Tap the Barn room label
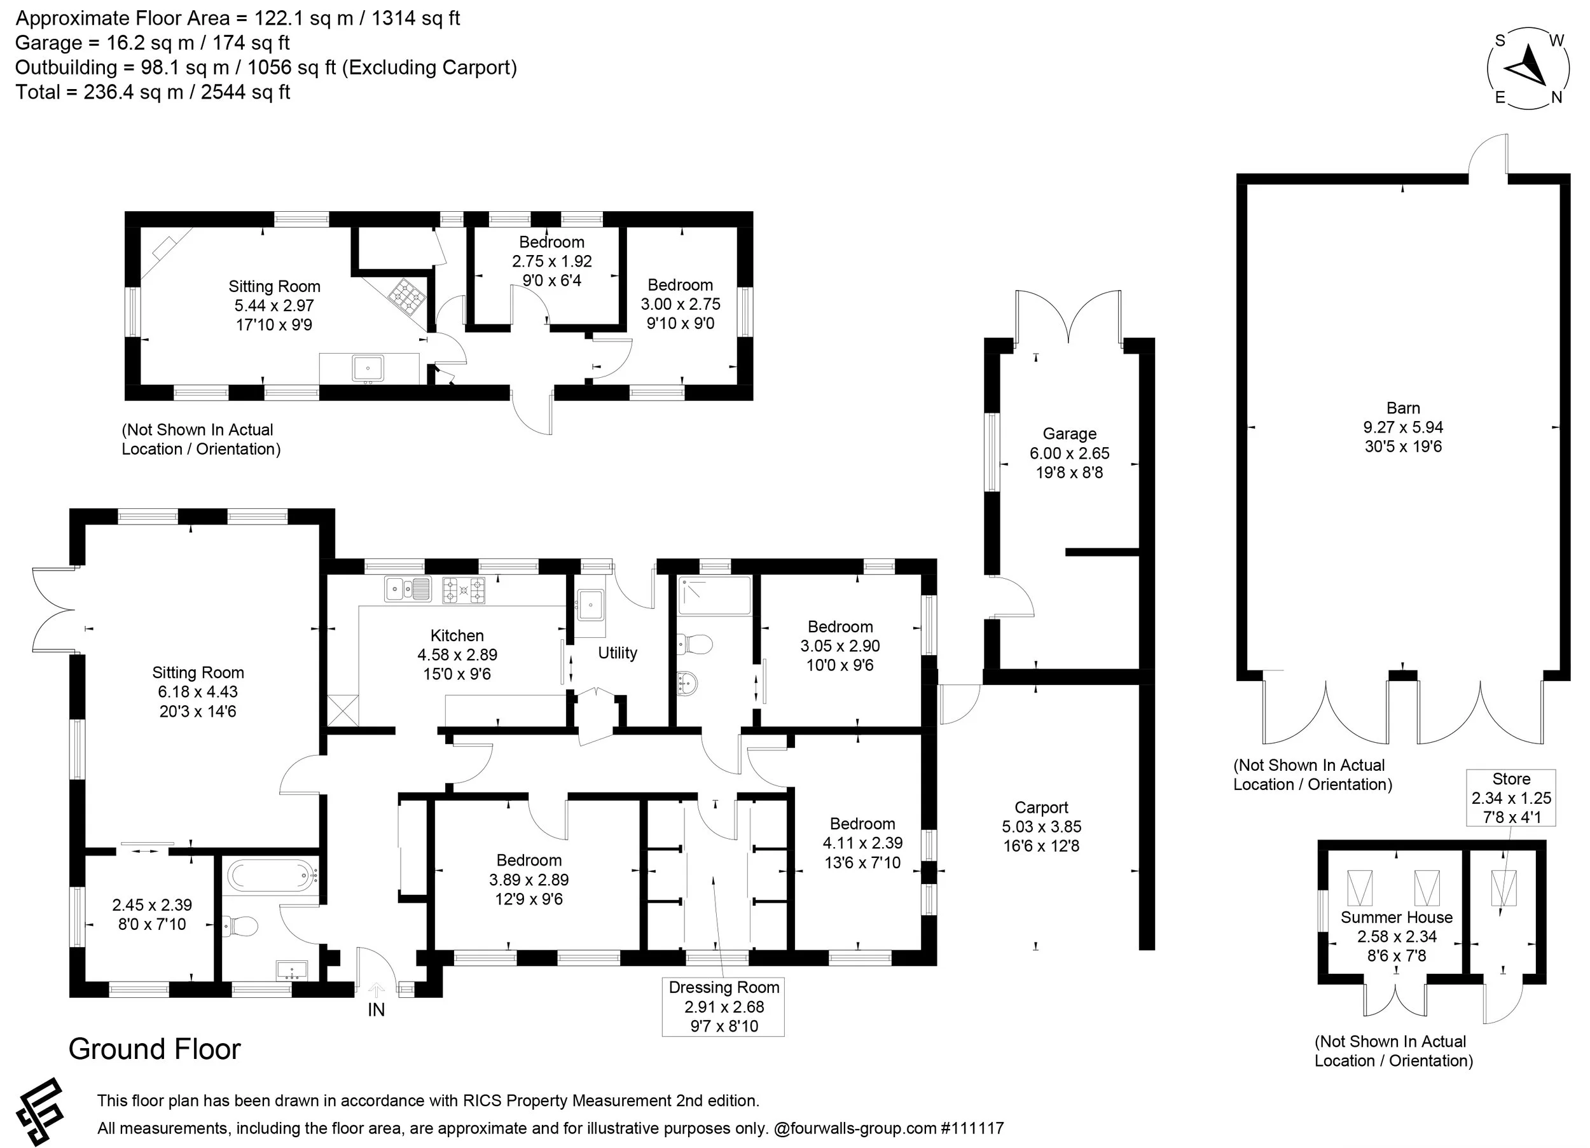1403,408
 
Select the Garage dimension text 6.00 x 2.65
1069,453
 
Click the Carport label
1041,807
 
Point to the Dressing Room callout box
724,1006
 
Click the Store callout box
1510,798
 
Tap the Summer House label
1397,917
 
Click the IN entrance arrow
377,990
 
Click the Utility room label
618,653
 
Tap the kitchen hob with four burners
464,590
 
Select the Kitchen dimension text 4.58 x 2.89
457,654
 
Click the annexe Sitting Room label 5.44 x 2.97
274,305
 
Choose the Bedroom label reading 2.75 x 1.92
552,261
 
